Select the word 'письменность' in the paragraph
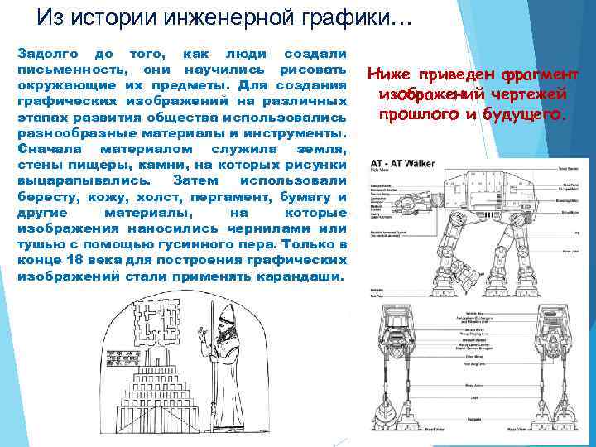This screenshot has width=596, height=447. [72, 69]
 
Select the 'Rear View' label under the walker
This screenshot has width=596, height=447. [518, 430]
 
